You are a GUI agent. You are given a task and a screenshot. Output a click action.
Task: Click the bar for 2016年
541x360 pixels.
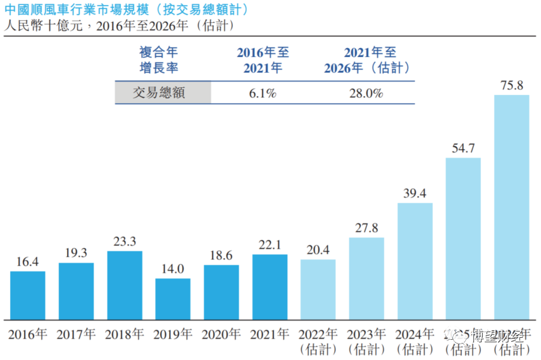28,295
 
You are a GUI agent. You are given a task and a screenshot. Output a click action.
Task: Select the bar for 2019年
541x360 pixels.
173,299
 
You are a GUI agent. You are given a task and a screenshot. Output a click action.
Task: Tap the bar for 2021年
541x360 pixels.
270,287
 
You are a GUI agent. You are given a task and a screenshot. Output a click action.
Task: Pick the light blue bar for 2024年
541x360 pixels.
415,261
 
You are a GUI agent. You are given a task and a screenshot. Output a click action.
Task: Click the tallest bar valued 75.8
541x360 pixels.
511,207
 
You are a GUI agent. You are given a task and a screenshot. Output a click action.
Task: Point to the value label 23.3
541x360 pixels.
125,242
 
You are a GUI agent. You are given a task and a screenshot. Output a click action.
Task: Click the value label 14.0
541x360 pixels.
173,268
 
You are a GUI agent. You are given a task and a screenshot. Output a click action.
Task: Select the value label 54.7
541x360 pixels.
463,148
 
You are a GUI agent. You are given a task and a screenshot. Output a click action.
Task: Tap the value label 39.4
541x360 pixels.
415,193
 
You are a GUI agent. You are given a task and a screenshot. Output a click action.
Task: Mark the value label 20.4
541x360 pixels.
318,250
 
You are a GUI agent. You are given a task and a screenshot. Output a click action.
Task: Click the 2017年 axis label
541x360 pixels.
76,335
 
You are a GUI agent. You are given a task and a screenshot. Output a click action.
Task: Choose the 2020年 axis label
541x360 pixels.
221,335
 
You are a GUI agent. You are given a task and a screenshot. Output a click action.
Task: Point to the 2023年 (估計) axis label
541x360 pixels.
366,342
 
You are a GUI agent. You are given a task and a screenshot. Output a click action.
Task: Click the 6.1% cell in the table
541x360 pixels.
263,93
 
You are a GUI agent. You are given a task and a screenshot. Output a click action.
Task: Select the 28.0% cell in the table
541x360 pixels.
366,93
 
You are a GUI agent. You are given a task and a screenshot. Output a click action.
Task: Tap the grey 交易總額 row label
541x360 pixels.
163,93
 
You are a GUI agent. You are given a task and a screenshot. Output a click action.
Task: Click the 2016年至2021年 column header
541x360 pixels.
263,60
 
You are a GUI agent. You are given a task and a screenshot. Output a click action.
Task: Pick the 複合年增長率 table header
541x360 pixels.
163,60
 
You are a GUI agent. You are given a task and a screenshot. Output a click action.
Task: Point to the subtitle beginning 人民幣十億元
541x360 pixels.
120,27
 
